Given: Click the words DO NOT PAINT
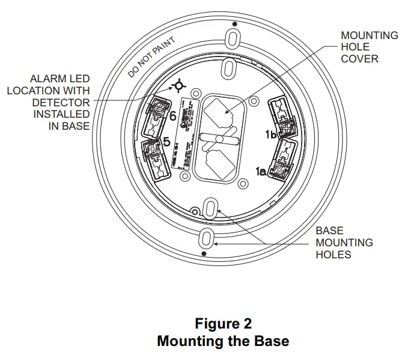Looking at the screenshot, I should (152, 58).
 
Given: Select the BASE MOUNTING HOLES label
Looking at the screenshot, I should (344, 243).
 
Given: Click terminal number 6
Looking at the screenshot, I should (172, 116).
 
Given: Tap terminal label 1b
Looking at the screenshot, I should (270, 135).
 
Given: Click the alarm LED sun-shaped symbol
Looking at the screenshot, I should (178, 87).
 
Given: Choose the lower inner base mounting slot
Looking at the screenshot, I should (211, 208).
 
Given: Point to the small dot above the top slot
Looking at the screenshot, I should (234, 24).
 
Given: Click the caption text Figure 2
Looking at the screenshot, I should (223, 324).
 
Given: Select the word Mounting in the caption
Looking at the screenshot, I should (189, 341).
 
